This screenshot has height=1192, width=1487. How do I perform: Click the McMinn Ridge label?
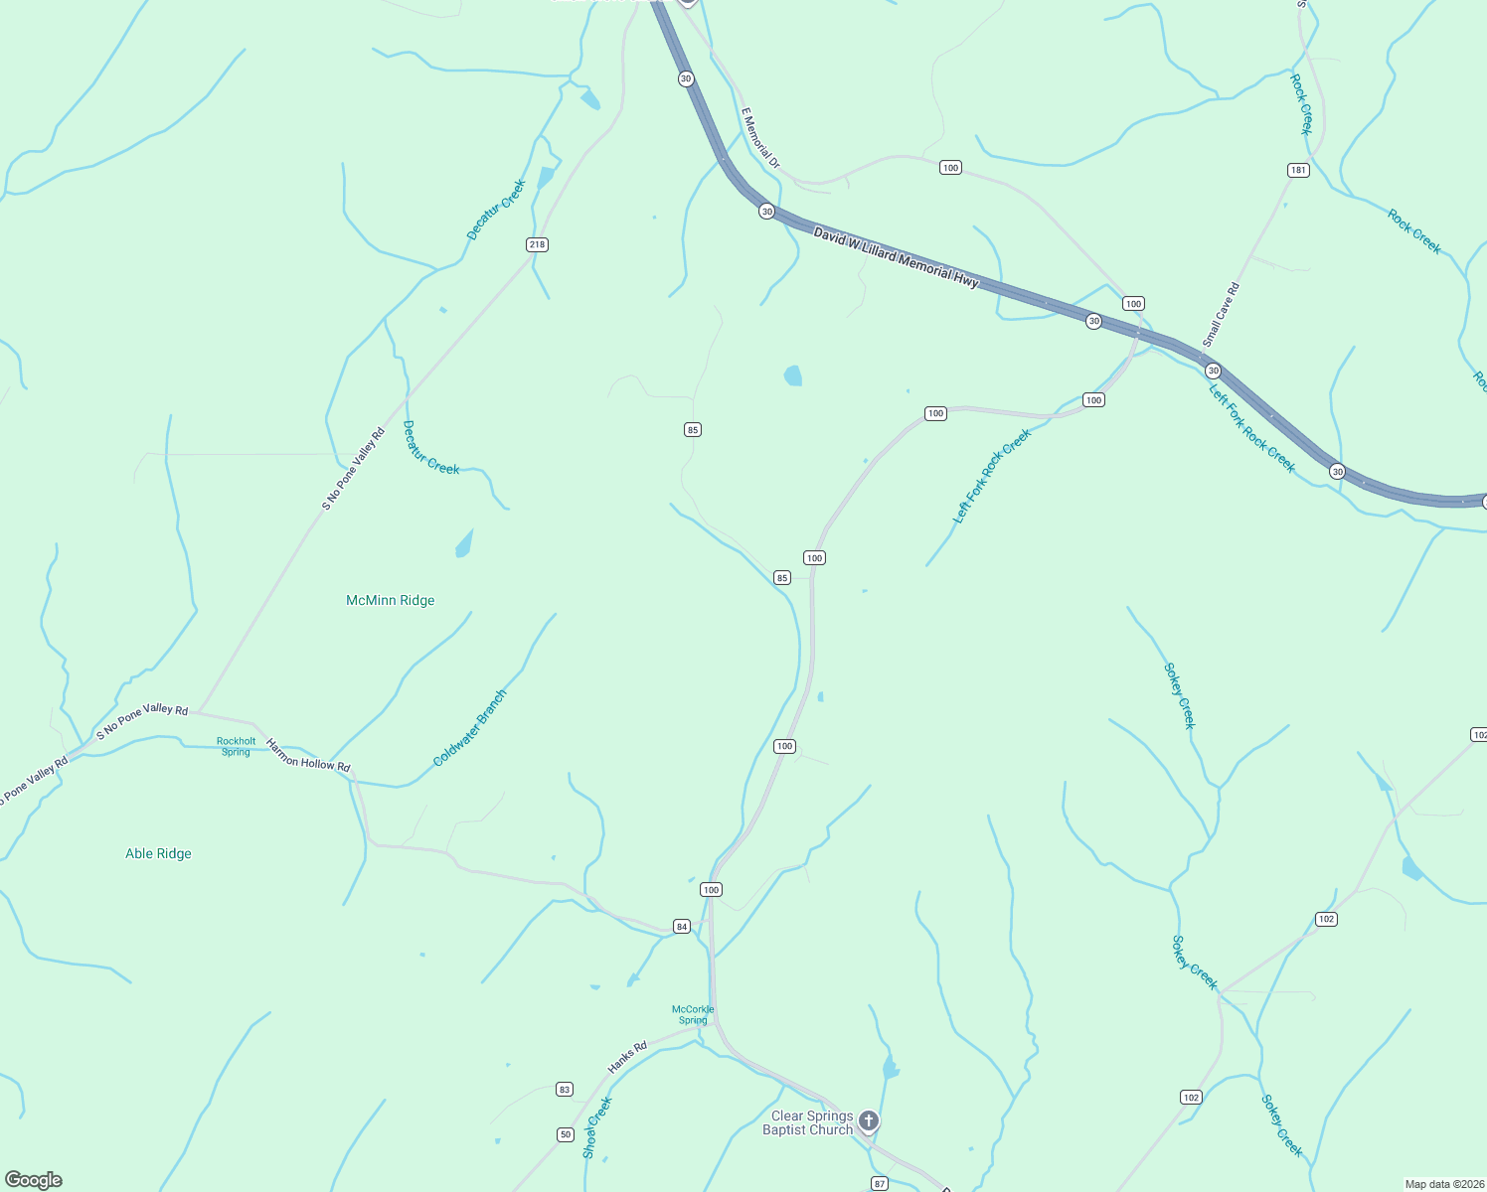coord(390,600)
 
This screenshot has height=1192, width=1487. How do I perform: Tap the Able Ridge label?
coord(158,853)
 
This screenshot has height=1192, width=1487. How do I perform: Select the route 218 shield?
coord(537,244)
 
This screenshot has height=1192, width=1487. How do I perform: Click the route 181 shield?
coord(1298,170)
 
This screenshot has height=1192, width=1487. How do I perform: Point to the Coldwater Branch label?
coord(470,728)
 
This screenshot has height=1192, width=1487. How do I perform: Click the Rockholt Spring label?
coord(237,747)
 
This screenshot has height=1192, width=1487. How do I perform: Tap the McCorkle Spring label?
coord(693,1014)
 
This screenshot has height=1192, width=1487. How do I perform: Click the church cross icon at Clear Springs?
coord(869,1122)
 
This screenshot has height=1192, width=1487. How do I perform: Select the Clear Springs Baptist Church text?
coord(808,1122)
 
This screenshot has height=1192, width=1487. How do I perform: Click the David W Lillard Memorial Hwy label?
coord(897,257)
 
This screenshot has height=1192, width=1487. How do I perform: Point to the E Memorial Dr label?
coord(761,137)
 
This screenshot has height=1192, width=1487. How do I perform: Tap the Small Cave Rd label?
coord(1222,315)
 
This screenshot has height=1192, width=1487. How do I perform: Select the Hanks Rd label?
coord(627,1057)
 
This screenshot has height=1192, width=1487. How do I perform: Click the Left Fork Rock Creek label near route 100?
coord(992,476)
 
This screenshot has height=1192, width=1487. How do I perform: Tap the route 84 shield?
coord(681,927)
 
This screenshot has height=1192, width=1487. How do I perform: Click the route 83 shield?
coord(565,1090)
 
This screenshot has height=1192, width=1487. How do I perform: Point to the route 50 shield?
coord(566,1134)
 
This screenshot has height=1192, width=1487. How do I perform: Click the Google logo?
coord(34,1180)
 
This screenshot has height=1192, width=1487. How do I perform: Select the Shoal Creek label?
coord(596,1127)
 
